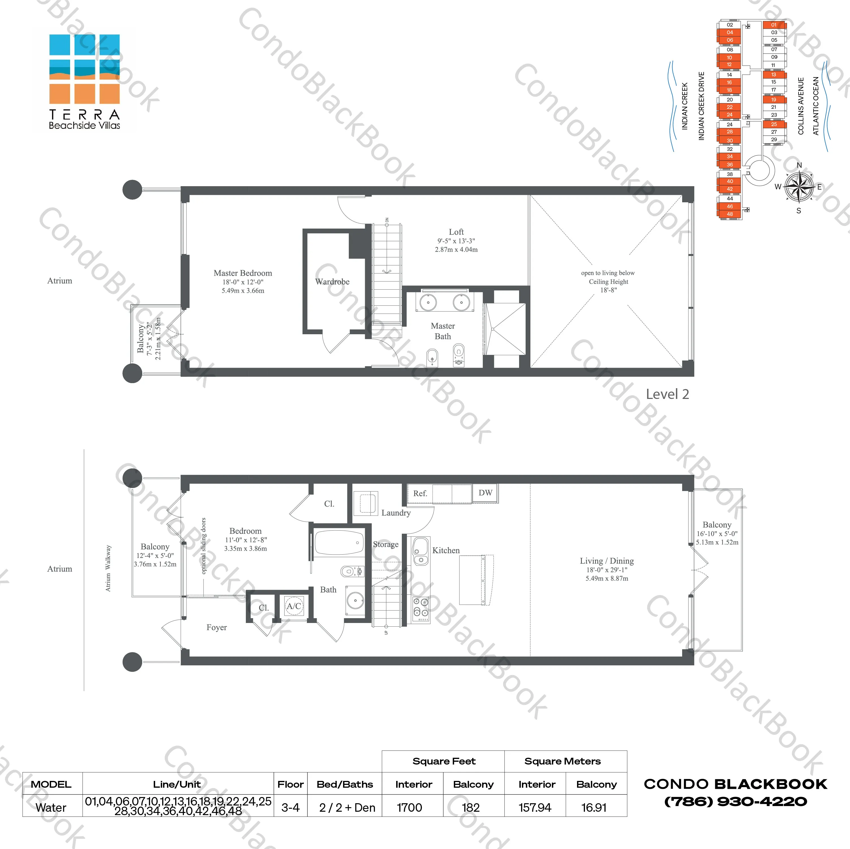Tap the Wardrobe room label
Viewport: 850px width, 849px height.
click(332, 281)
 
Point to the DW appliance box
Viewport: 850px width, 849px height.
click(485, 493)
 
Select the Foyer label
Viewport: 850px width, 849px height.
click(216, 627)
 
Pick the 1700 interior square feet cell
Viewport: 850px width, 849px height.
click(409, 808)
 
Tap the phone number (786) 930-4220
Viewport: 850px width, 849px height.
click(735, 802)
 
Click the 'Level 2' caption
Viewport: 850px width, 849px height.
click(667, 394)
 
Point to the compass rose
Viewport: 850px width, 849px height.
click(799, 187)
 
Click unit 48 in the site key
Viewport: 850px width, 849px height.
click(729, 214)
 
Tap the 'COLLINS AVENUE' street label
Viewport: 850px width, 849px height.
click(801, 106)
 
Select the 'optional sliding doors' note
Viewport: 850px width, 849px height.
click(203, 546)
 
